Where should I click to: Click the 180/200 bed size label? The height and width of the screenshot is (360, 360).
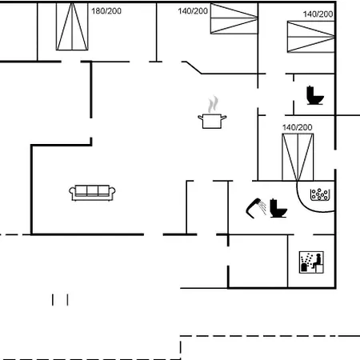click(106, 11)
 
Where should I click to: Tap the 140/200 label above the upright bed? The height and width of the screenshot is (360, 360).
click(297, 127)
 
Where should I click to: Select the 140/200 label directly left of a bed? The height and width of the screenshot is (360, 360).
click(193, 11)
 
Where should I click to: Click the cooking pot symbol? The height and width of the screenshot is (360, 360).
click(212, 121)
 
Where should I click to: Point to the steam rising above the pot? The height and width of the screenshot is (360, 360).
click(213, 104)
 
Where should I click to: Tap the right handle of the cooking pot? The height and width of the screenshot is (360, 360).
click(224, 117)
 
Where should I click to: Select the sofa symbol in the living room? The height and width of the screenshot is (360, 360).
click(92, 192)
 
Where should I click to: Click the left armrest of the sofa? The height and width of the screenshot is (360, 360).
click(72, 193)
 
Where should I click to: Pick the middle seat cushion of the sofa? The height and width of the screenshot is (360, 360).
click(92, 190)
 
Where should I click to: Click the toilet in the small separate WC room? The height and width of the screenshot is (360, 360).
click(314, 95)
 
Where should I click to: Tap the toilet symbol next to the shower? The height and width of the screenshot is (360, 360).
click(278, 208)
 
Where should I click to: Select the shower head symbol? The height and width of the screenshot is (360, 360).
click(256, 208)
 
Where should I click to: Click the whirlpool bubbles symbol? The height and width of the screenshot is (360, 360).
click(320, 194)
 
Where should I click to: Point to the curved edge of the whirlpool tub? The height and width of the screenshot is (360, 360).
click(306, 204)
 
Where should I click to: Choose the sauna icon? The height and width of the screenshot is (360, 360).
click(311, 262)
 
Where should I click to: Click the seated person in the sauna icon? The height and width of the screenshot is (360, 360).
click(317, 261)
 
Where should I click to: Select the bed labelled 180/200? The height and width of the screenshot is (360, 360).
click(72, 26)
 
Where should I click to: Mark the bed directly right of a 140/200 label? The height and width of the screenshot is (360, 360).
click(234, 18)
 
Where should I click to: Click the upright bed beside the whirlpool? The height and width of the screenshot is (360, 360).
click(298, 157)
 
